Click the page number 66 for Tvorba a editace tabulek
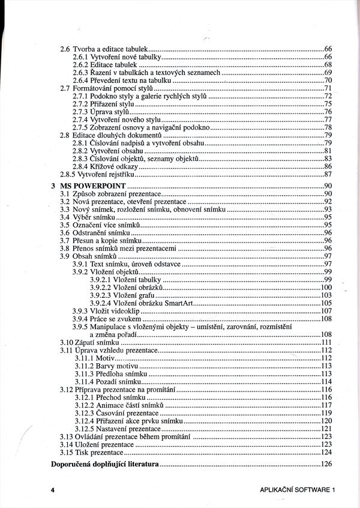[328, 48]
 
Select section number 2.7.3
[80, 112]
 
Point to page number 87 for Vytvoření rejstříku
[328, 175]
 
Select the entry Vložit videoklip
[121, 311]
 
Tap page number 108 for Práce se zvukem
[326, 319]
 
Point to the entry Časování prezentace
[129, 413]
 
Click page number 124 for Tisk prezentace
[326, 452]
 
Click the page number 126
[326, 465]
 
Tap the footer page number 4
[53, 491]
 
